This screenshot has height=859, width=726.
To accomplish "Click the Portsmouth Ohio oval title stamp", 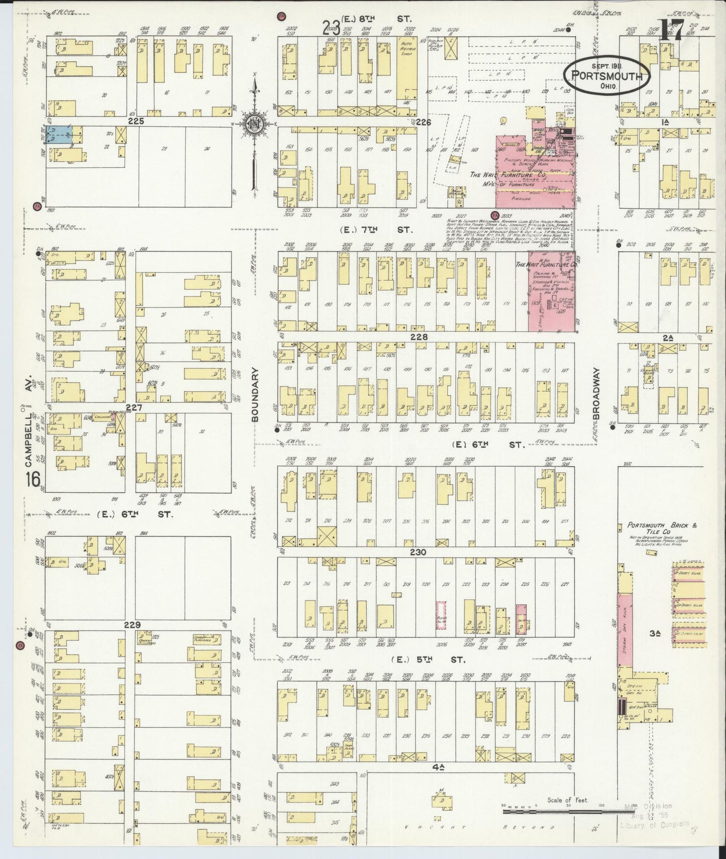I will [606, 76].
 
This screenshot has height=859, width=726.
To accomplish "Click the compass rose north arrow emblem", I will [255, 125].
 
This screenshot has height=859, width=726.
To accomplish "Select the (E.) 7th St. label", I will [376, 230].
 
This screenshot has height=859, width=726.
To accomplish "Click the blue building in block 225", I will [59, 134].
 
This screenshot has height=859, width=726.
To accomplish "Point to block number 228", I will [419, 337].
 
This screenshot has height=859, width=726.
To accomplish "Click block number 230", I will [418, 552].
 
